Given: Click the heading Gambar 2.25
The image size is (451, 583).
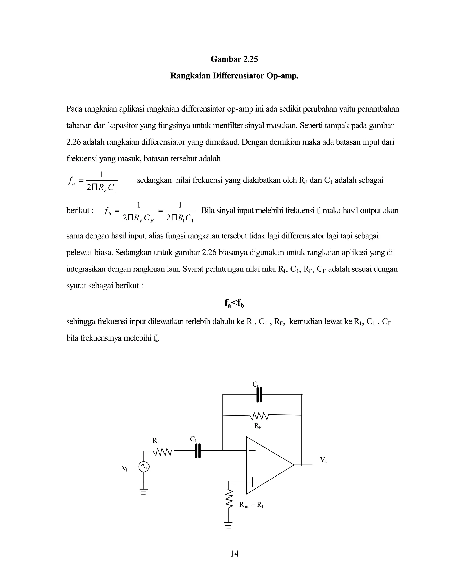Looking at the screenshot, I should click(x=234, y=59).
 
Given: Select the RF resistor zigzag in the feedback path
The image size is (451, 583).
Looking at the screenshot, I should click(x=259, y=416).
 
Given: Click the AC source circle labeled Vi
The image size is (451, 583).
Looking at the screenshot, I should click(x=144, y=467).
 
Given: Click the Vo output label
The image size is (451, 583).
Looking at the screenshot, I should click(x=323, y=460).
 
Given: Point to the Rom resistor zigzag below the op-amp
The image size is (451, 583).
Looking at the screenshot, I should click(x=229, y=498).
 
